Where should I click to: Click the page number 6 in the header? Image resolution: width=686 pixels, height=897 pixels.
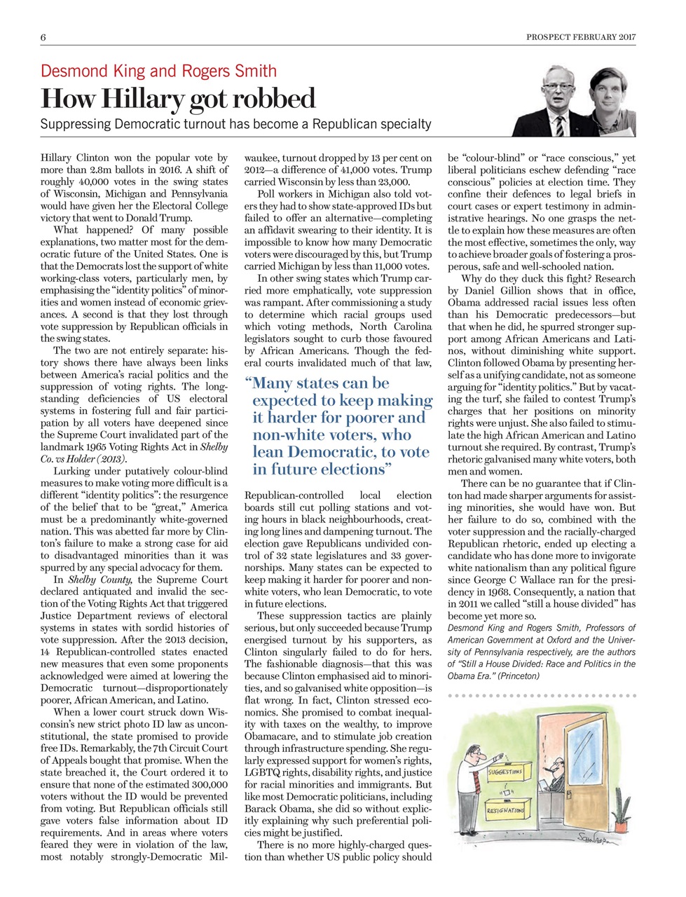click(43, 36)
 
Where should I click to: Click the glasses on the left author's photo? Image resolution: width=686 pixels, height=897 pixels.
click(558, 86)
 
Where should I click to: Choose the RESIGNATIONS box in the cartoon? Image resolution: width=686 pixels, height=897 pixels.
click(506, 812)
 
